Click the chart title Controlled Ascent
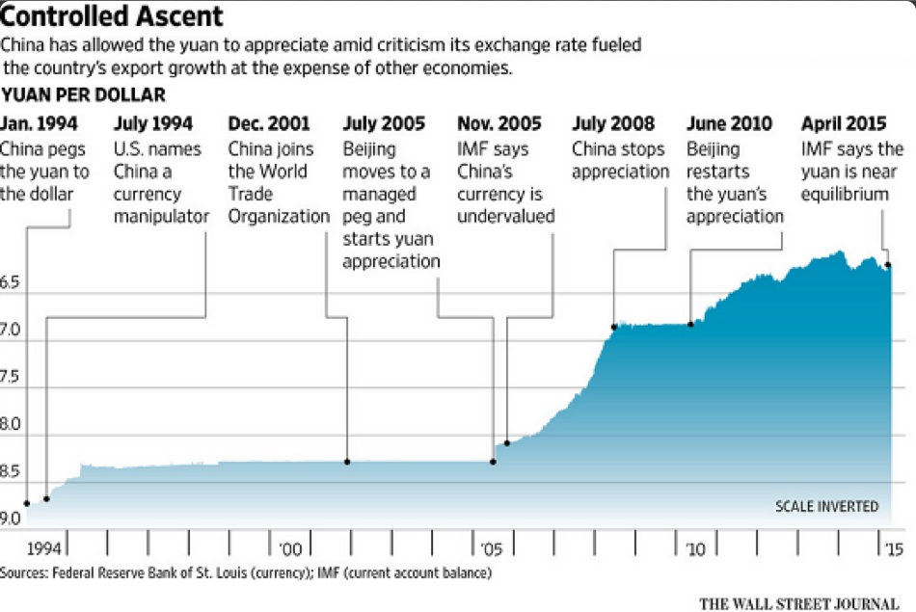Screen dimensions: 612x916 pyautogui.click(x=113, y=16)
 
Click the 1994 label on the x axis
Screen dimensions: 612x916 pyautogui.click(x=46, y=549)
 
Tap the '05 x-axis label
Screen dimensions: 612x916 pyautogui.click(x=491, y=549)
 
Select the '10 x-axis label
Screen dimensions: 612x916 pyautogui.click(x=693, y=549)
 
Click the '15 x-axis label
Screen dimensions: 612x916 pyautogui.click(x=894, y=549)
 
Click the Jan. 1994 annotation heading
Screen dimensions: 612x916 pyautogui.click(x=40, y=124)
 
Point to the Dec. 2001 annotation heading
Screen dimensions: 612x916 pyautogui.click(x=269, y=124)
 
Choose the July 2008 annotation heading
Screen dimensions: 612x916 pyautogui.click(x=613, y=124)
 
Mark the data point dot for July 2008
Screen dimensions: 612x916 pyautogui.click(x=614, y=328)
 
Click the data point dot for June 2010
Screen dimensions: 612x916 pyautogui.click(x=691, y=324)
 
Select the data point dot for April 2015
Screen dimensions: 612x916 pyautogui.click(x=887, y=265)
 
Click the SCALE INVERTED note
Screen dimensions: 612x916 pyautogui.click(x=826, y=507)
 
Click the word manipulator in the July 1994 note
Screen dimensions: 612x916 pyautogui.click(x=161, y=217)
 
